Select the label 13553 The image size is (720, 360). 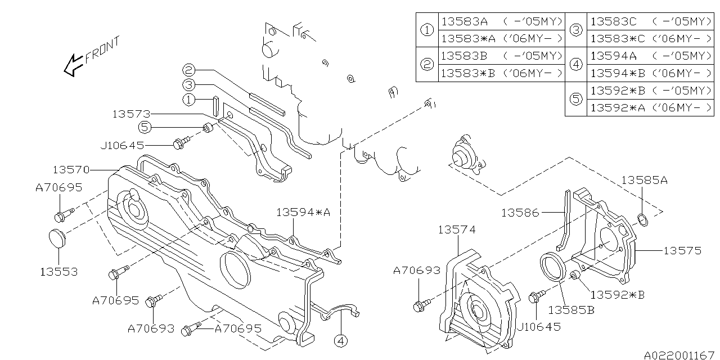tap(58, 272)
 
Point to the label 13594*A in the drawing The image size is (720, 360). tap(303, 212)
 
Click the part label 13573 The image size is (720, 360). tap(131, 114)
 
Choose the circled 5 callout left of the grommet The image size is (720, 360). tap(145, 128)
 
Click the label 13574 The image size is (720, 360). tap(457, 229)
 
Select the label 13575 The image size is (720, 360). tap(682, 250)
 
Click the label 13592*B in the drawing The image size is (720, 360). tap(617, 294)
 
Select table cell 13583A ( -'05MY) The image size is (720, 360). tap(501, 21)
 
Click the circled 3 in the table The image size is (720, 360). tap(576, 30)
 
